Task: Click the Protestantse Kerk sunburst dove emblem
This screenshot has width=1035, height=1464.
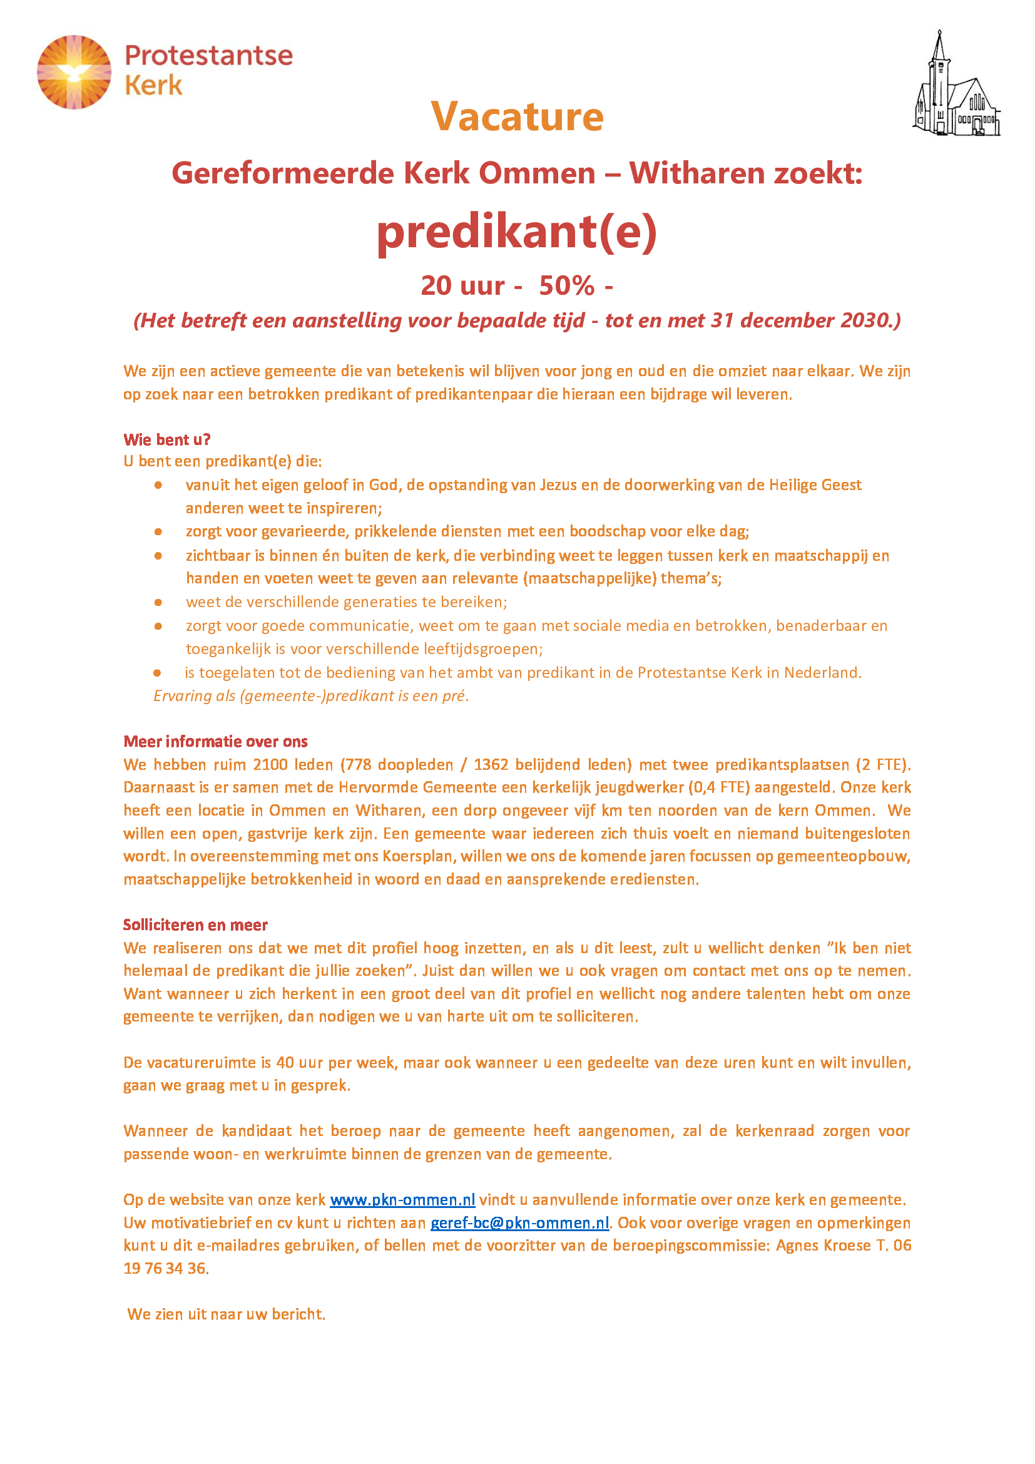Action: click(x=74, y=72)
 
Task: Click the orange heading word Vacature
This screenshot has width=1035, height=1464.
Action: click(x=517, y=116)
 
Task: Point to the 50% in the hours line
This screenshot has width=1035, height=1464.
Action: click(x=566, y=285)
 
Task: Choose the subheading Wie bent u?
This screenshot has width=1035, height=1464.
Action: click(x=167, y=439)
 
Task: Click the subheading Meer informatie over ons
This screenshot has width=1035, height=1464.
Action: click(x=215, y=741)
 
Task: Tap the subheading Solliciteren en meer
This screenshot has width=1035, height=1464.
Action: click(x=195, y=924)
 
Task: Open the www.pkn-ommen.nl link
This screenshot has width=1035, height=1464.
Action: click(x=402, y=1199)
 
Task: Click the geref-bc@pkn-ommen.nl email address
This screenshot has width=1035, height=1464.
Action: click(x=519, y=1222)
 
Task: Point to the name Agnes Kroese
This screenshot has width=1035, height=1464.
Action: click(x=823, y=1246)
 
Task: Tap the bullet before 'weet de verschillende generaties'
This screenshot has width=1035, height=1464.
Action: click(x=158, y=602)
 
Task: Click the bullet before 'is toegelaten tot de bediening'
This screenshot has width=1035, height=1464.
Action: click(x=158, y=673)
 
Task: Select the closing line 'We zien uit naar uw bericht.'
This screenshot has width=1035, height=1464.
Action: click(x=227, y=1314)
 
